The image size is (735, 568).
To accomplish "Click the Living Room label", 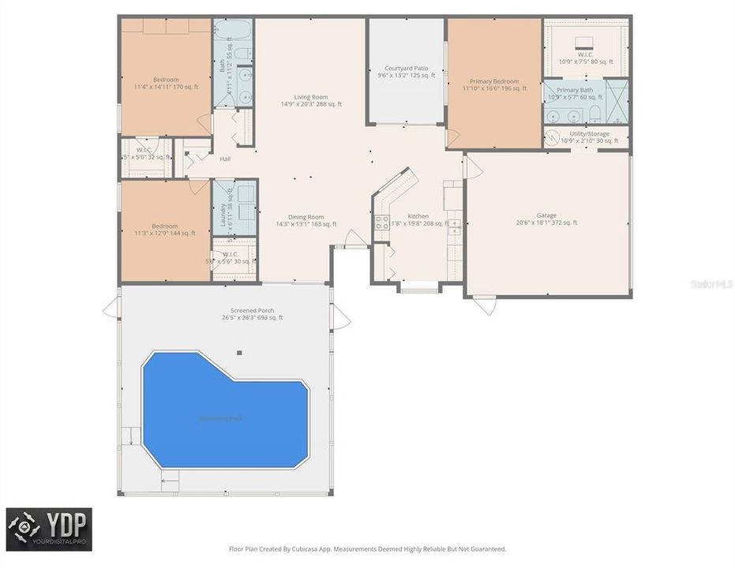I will tap(311, 100).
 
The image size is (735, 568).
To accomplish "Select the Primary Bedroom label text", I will tap(494, 84).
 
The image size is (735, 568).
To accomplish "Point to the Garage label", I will tap(546, 219).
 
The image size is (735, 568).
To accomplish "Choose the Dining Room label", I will tap(306, 220).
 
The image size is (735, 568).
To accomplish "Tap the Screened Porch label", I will tap(252, 314).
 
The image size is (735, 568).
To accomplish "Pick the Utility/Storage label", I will tap(589, 137).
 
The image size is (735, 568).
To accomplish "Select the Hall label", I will tap(225, 159).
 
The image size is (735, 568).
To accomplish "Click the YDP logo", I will tap(49, 529).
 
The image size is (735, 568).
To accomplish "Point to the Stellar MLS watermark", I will tap(712, 282).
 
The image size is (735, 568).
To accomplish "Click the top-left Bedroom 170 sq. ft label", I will tap(166, 83).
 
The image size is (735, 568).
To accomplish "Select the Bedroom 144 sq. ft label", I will tap(165, 230).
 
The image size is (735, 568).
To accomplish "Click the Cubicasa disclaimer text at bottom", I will tap(367, 548).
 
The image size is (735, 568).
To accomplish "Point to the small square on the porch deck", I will tap(239, 353).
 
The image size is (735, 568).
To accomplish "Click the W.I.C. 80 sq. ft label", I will tap(585, 58).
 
